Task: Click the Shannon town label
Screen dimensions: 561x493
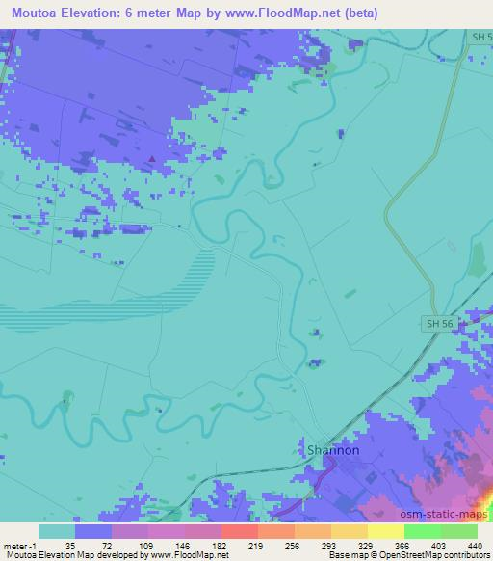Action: (333, 450)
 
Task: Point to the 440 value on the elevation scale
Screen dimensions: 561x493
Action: (474, 546)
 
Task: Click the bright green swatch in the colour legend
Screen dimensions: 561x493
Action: (422, 531)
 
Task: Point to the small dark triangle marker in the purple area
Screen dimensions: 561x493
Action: (151, 159)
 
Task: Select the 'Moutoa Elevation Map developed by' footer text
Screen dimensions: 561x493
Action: (67, 556)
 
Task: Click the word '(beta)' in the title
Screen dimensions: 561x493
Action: (360, 13)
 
